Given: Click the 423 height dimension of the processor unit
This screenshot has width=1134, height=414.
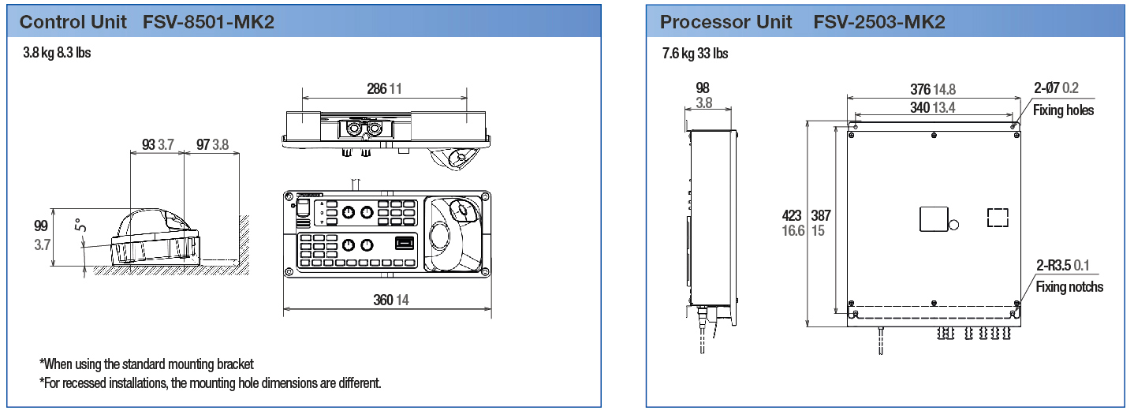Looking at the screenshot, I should coord(791,215).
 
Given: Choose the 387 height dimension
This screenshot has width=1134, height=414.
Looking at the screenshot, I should coord(820,215).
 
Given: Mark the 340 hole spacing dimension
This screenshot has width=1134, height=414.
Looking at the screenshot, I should coord(920,108).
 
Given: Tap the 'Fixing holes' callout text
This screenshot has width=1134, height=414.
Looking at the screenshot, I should coord(1064,110).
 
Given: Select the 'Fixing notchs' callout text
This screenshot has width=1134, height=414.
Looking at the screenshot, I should coord(1069,287).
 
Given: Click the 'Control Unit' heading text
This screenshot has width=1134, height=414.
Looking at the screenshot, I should coord(73,21).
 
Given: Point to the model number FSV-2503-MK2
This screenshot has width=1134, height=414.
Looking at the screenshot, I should coord(879,21).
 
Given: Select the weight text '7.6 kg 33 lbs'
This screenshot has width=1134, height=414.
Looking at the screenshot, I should coord(696,54).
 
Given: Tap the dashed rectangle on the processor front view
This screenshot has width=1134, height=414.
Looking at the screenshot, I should coord(998,217).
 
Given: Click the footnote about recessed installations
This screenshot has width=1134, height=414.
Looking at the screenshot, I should coord(211,383).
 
